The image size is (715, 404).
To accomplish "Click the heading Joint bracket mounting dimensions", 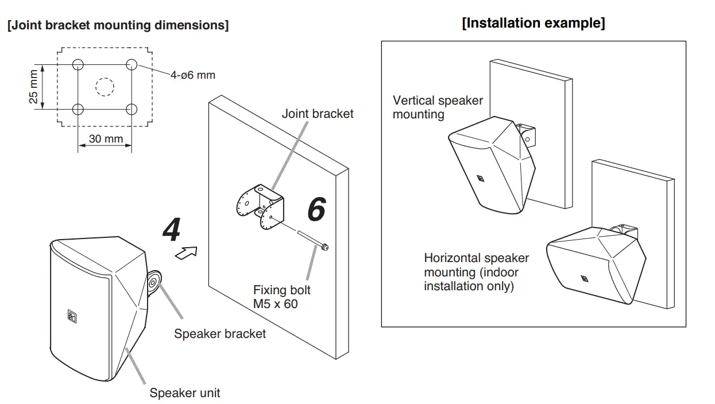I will coord(118,26).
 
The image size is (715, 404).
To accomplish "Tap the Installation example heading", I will coord(534,24).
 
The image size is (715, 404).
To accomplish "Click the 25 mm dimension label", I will coord(34,87).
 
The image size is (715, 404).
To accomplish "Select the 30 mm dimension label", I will coord(106,138).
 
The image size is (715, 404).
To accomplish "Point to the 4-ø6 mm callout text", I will coord(193,75).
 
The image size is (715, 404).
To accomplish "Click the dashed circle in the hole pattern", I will coord(105,87).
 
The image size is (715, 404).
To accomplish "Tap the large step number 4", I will coord(172,231).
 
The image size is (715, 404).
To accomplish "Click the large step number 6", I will coord(316,209).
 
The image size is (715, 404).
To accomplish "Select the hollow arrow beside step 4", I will coord(186,253).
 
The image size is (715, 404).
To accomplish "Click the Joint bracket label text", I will coord(318,114).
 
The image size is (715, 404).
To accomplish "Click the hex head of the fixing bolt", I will coord(326,247).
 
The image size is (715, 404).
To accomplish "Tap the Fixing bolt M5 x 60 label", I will coord(281,297).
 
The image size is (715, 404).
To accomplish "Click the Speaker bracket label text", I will coord(220,333).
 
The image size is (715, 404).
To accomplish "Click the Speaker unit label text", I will coord(185,393).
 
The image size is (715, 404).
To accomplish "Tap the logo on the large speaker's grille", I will coord(72,315).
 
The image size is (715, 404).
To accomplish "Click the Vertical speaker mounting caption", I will coord(438,107).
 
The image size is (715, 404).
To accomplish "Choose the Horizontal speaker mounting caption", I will coord(476,272).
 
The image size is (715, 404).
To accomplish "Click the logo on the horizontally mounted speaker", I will coord(585,280).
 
